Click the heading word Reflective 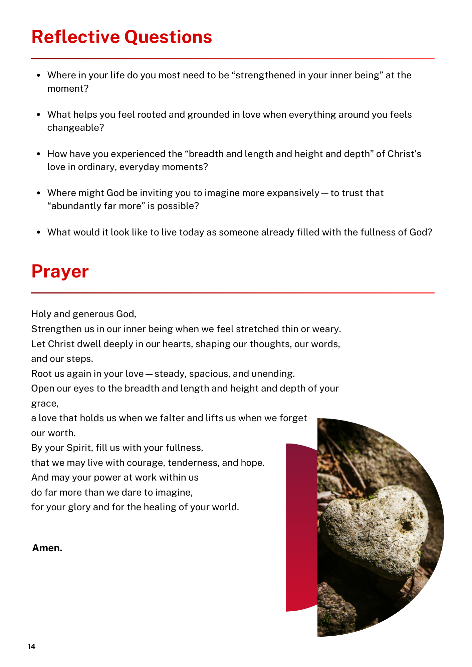point(75,37)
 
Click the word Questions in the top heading point(168,37)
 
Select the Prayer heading point(60,271)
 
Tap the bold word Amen point(47,548)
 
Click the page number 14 point(31,647)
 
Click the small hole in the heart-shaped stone point(407,526)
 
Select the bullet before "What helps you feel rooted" point(39,115)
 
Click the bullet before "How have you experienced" point(39,154)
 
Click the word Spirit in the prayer point(79,448)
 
